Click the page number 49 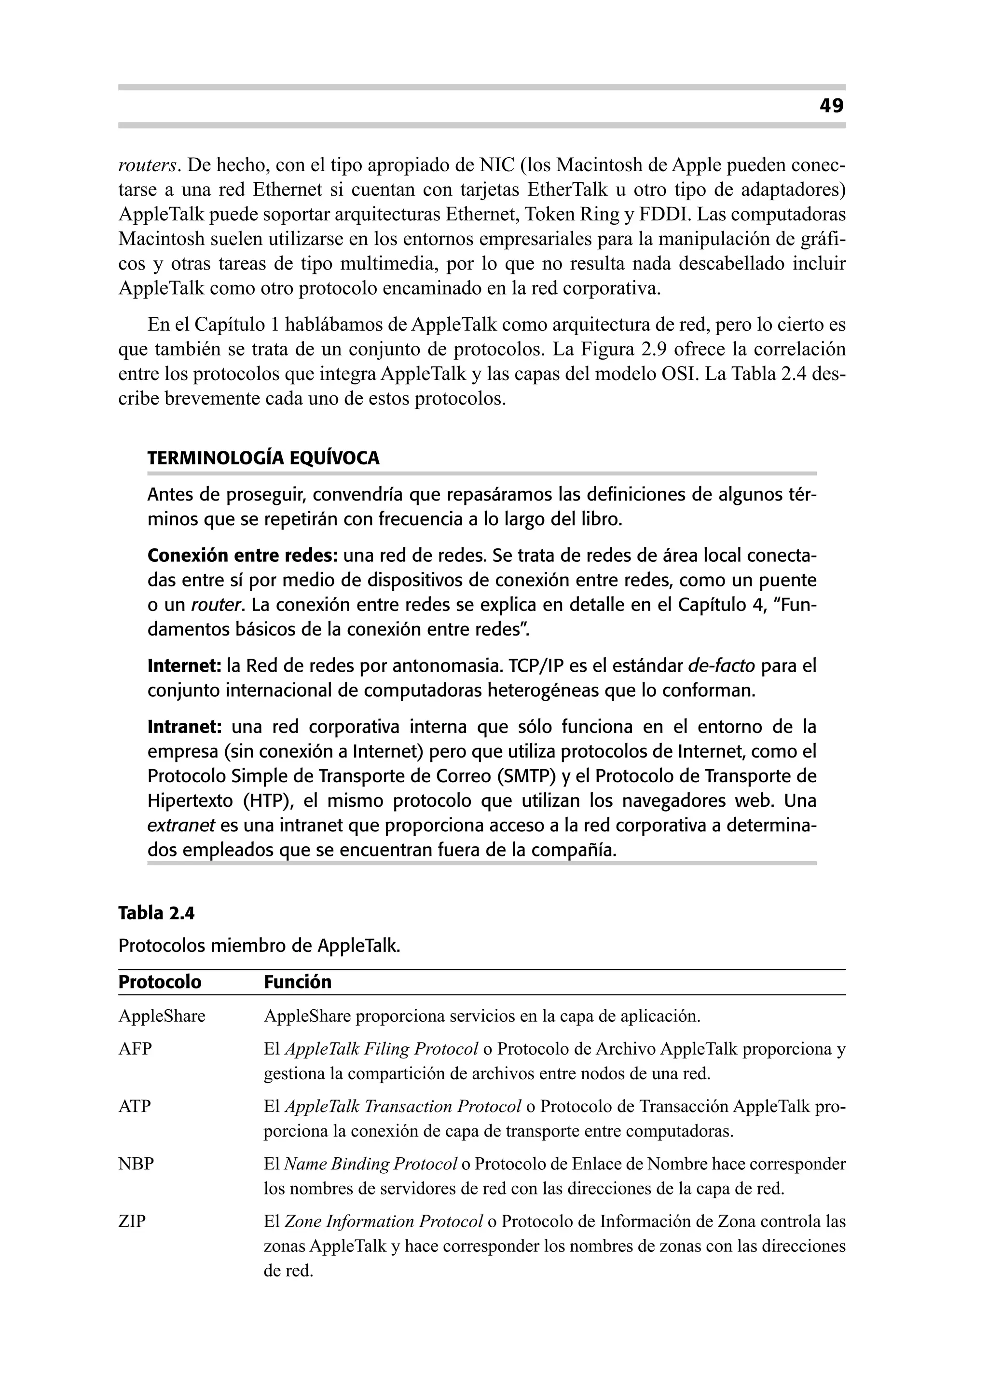pyautogui.click(x=831, y=107)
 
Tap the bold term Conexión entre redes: pyautogui.click(x=242, y=556)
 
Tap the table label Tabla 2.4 pyautogui.click(x=156, y=913)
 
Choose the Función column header pyautogui.click(x=298, y=982)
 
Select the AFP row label pyautogui.click(x=135, y=1049)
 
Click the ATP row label pyautogui.click(x=135, y=1106)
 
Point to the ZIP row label pyautogui.click(x=132, y=1221)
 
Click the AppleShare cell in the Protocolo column pyautogui.click(x=162, y=1016)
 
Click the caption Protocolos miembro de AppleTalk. pyautogui.click(x=259, y=946)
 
